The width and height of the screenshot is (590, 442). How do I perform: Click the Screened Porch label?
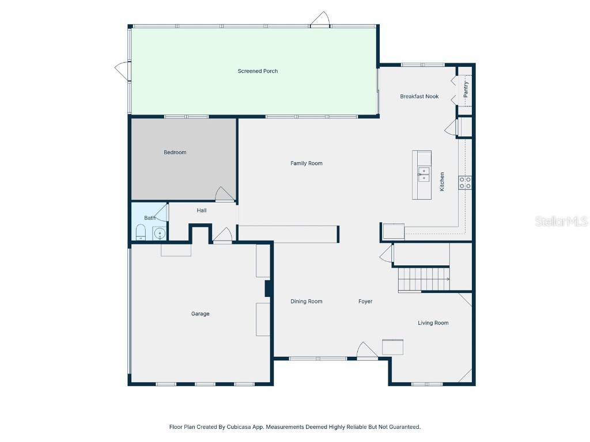pyautogui.click(x=258, y=71)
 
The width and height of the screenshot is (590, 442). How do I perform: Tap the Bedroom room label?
pyautogui.click(x=175, y=153)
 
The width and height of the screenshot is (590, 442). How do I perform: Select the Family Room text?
pyautogui.click(x=306, y=163)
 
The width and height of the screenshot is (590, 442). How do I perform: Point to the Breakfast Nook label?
pyautogui.click(x=419, y=97)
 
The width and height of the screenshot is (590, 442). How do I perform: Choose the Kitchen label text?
pyautogui.click(x=442, y=182)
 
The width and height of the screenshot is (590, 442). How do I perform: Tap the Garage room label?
pyautogui.click(x=200, y=314)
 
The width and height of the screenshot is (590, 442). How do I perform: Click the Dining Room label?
pyautogui.click(x=306, y=302)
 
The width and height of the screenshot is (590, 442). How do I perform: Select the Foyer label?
pyautogui.click(x=365, y=302)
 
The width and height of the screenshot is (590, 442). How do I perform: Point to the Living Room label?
pyautogui.click(x=433, y=323)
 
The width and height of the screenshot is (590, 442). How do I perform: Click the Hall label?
pyautogui.click(x=201, y=211)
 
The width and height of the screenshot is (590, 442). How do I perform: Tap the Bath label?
pyautogui.click(x=149, y=218)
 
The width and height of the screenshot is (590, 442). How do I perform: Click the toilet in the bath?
pyautogui.click(x=140, y=233)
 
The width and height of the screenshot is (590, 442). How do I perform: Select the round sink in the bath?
pyautogui.click(x=159, y=233)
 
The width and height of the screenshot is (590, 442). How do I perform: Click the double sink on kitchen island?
pyautogui.click(x=423, y=174)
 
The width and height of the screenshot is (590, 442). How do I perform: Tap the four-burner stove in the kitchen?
pyautogui.click(x=465, y=183)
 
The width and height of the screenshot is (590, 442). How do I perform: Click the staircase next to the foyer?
pyautogui.click(x=423, y=280)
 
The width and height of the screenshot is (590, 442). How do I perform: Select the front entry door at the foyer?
pyautogui.click(x=366, y=351)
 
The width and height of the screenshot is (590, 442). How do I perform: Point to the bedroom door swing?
pyautogui.click(x=225, y=195)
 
